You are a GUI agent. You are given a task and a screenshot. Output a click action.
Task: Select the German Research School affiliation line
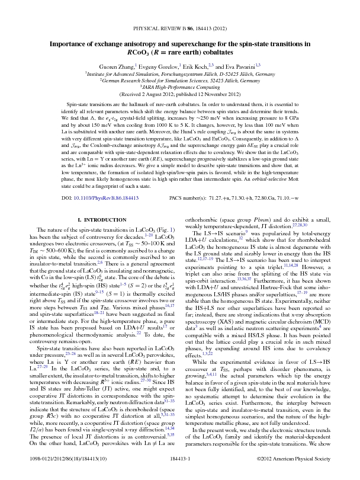pyautogui.click(x=180, y=81)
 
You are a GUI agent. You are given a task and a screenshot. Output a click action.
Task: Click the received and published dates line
pyautogui.click(x=180, y=94)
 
